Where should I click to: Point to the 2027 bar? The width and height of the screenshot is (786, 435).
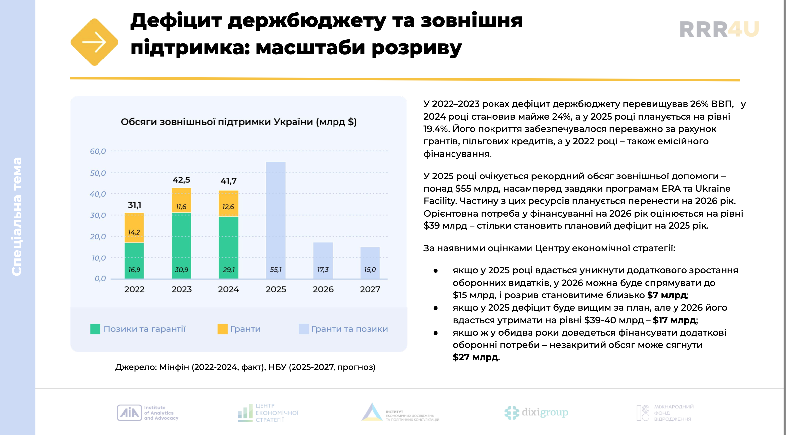(370, 262)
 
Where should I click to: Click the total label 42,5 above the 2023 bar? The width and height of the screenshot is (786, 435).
(181, 180)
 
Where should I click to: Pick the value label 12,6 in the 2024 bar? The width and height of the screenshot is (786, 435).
(228, 207)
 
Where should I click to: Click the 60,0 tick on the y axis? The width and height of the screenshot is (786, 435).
(98, 151)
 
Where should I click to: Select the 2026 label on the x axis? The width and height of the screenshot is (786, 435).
(323, 289)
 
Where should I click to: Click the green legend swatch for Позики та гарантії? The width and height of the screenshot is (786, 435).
(95, 329)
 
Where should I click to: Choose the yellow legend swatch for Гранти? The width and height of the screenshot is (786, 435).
(222, 329)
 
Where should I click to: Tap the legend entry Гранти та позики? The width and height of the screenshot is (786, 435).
(349, 329)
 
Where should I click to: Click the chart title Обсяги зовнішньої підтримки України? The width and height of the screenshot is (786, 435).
(238, 122)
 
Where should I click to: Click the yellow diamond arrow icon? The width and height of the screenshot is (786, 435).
(95, 42)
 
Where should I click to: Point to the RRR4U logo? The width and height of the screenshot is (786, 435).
(719, 29)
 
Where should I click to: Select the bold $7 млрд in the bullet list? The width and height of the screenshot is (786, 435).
(667, 295)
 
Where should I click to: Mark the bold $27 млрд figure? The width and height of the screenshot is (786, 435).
(475, 357)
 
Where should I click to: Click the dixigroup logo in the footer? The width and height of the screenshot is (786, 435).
(536, 413)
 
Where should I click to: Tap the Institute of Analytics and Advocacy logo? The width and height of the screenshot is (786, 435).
(148, 413)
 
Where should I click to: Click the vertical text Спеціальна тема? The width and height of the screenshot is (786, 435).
(17, 217)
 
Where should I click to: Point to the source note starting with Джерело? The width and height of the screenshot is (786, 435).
(245, 367)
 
